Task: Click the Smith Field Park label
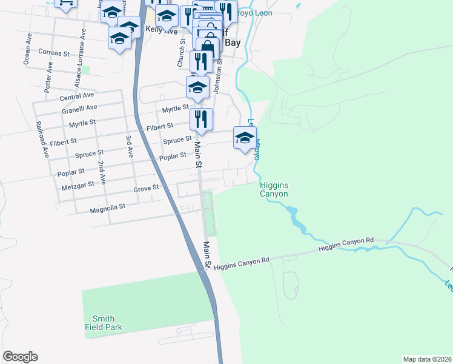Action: (107, 323)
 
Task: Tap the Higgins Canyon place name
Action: (273, 189)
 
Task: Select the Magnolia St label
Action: (107, 206)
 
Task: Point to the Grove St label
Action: (146, 189)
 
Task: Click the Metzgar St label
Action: (78, 184)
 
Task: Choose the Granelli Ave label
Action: (79, 108)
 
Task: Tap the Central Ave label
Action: (77, 96)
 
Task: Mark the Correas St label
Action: (54, 53)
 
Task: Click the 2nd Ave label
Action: (102, 172)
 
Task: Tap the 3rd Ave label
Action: (129, 147)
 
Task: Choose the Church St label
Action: (180, 55)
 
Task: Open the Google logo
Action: (20, 357)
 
